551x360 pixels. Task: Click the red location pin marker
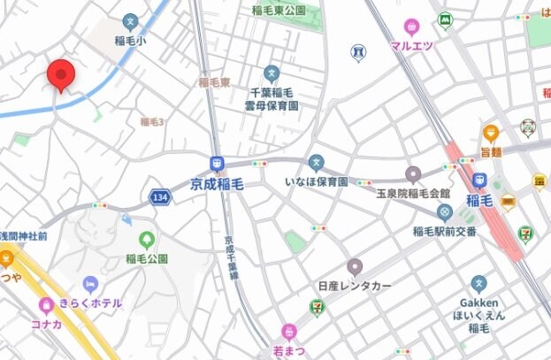[x=60, y=74]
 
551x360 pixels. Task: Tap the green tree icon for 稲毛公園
[x=147, y=239]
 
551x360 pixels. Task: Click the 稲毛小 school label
[x=131, y=40]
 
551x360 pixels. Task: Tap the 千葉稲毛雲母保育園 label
[x=271, y=97]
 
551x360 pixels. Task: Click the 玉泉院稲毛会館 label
[x=413, y=192]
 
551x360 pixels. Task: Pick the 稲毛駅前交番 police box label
[x=444, y=231]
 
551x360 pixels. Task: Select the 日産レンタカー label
[x=354, y=287]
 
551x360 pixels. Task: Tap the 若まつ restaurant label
[x=289, y=350]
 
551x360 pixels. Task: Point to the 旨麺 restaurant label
[x=491, y=152]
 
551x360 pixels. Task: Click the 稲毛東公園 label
[x=278, y=10]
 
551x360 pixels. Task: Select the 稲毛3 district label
[x=152, y=122]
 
